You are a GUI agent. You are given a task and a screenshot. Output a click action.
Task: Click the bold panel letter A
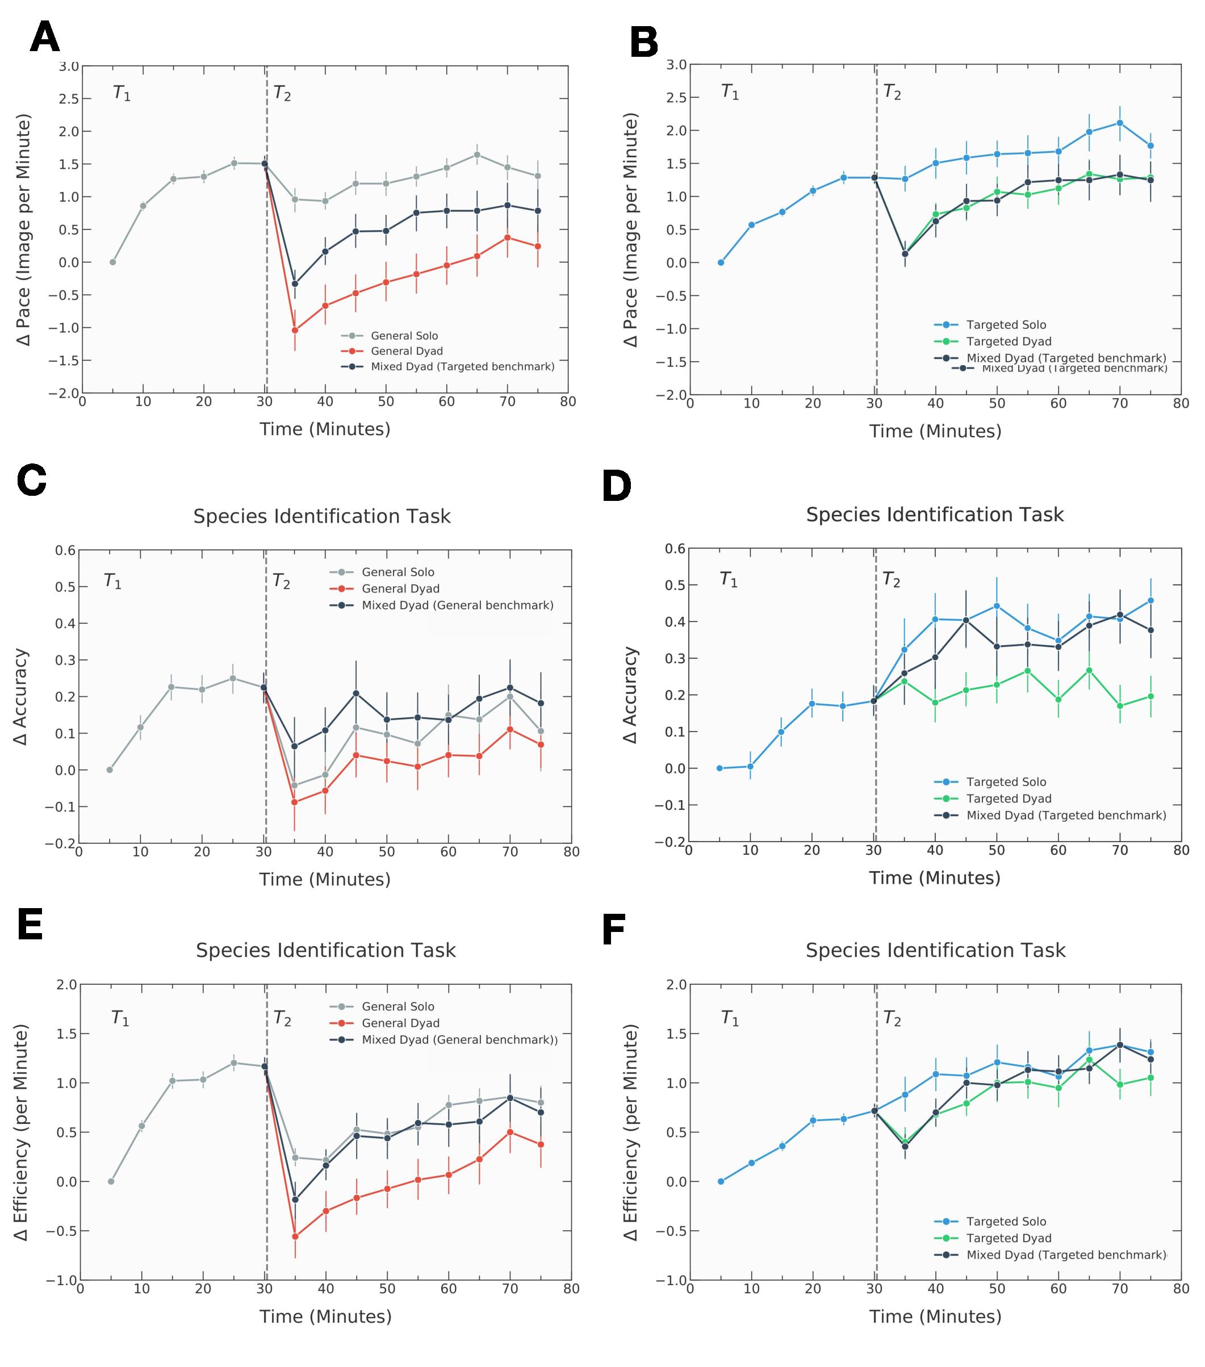point(45,37)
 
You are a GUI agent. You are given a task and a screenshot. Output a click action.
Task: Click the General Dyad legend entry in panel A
point(407,351)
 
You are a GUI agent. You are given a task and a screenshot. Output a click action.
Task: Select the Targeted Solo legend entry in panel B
point(1006,325)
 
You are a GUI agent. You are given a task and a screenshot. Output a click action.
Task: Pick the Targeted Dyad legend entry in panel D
point(1009,799)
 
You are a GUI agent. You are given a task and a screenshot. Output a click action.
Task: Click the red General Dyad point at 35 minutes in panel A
point(295,331)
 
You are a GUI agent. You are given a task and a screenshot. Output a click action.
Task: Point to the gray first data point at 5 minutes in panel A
point(113,262)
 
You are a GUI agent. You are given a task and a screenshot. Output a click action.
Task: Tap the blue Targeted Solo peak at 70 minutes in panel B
point(1119,123)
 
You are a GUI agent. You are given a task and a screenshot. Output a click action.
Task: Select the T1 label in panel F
point(730,1018)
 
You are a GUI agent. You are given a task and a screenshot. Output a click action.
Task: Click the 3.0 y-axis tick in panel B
point(677,65)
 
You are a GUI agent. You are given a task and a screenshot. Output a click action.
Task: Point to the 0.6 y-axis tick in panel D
point(675,549)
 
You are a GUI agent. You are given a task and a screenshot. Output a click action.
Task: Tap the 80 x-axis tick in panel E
point(571,1289)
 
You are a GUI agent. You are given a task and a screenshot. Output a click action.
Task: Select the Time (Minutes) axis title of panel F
point(935,1317)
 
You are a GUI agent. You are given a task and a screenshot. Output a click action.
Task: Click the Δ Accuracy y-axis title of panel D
point(630,695)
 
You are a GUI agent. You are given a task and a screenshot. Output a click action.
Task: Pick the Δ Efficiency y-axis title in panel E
point(22,1133)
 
